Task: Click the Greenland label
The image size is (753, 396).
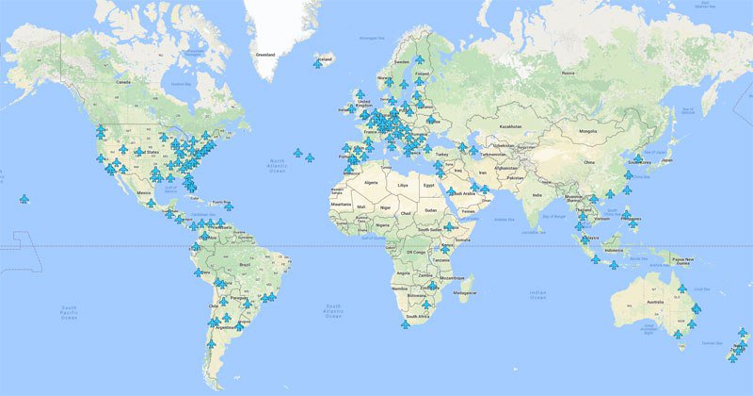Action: coord(265,54)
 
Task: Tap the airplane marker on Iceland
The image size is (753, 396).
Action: coord(318,62)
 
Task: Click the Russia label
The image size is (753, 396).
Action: coord(567,73)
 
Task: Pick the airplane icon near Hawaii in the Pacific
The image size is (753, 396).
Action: coord(24,198)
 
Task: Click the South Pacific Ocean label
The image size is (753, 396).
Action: coord(69,313)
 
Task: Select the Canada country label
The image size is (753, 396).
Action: coord(122,83)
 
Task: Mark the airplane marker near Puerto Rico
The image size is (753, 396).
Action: coord(228,205)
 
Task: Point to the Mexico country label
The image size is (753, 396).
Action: coord(144,193)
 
